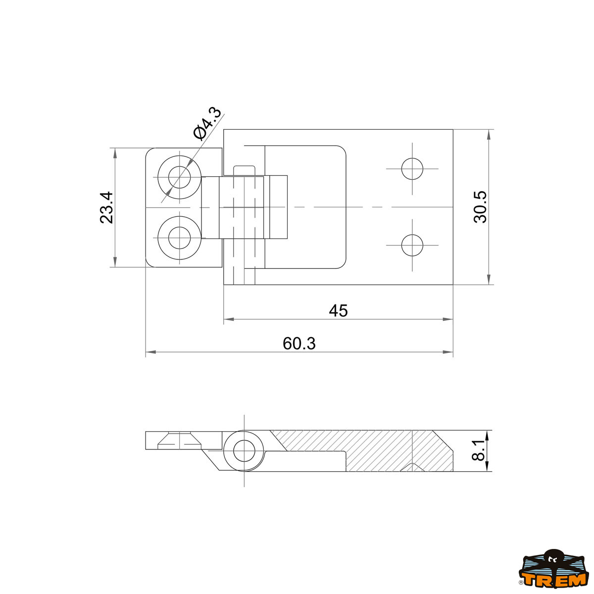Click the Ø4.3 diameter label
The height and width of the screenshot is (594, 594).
click(x=207, y=123)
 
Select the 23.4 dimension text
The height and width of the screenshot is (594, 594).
click(x=107, y=207)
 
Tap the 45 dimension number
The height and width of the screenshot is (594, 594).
click(x=338, y=311)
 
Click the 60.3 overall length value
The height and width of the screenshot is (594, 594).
click(x=299, y=344)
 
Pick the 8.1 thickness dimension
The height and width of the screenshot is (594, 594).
click(x=478, y=450)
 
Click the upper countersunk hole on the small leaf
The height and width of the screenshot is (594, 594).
click(x=179, y=177)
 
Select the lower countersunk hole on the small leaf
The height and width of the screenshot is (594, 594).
click(x=179, y=238)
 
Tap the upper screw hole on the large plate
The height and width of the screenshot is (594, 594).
click(x=412, y=169)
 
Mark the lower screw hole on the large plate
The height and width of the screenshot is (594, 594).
click(x=412, y=245)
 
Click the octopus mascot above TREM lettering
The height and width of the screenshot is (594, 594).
click(x=552, y=558)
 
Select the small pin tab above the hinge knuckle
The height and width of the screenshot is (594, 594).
click(x=244, y=170)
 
